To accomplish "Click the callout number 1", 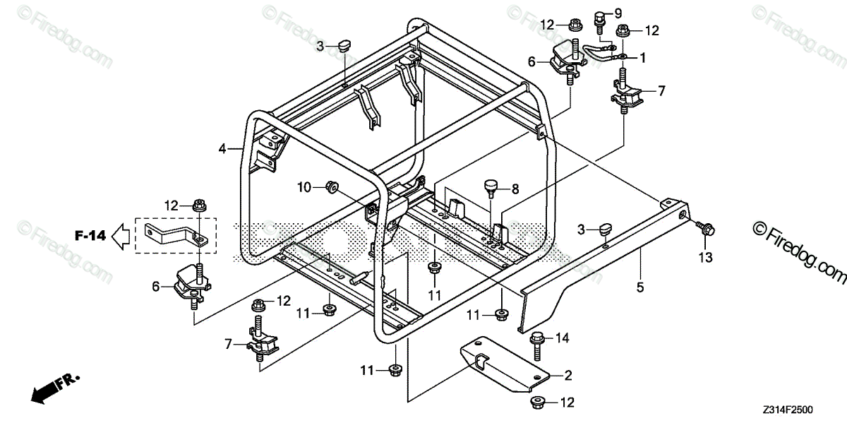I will [643, 56].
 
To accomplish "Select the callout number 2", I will [568, 375].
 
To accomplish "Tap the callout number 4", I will [222, 149].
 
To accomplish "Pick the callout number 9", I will [618, 13].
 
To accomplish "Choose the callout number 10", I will [304, 187].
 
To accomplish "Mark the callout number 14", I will [563, 338].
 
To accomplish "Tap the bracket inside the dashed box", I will [174, 234].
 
